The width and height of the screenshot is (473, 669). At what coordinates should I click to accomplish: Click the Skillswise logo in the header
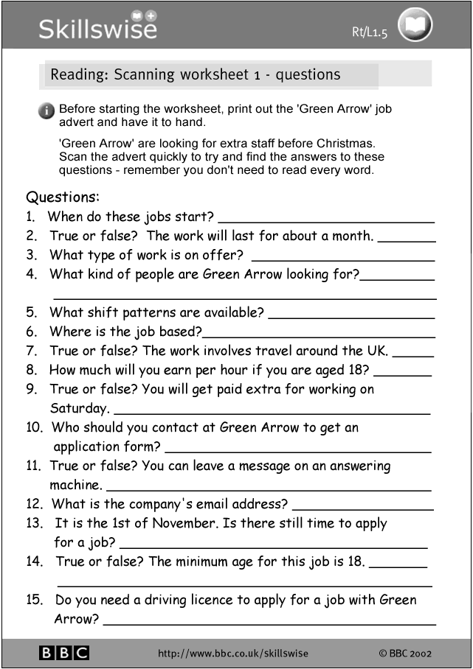coord(97,26)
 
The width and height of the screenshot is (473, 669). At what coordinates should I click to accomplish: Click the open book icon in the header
coord(415,27)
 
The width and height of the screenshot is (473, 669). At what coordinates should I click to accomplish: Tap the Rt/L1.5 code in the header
coord(370,31)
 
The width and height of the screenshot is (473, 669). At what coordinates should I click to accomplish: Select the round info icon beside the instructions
coord(46,111)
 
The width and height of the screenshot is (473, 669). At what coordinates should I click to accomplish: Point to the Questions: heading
coord(63,197)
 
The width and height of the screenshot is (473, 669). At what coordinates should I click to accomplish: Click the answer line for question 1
coord(326,220)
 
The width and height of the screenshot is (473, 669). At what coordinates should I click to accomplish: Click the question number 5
coord(31,312)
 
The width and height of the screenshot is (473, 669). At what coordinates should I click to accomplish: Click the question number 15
coord(34,600)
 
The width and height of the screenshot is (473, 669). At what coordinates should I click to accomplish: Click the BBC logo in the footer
coord(63,653)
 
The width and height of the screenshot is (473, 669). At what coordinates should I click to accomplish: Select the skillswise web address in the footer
coord(233,653)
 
